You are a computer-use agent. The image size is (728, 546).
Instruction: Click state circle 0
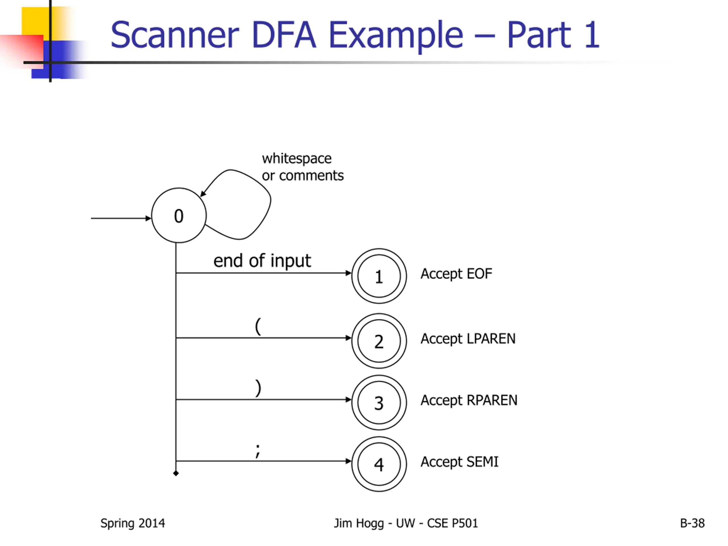[x=179, y=216]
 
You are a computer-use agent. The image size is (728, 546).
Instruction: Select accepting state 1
[x=379, y=276]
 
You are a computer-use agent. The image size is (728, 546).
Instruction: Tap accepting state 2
[x=379, y=341]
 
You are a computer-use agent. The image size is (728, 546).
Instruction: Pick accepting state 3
[x=379, y=402]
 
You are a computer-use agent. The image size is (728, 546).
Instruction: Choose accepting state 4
[x=379, y=464]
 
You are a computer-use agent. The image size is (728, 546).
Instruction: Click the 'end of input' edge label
[x=262, y=261]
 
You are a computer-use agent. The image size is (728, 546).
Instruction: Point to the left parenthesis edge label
[x=258, y=326]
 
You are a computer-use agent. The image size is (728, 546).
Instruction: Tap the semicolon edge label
[x=258, y=451]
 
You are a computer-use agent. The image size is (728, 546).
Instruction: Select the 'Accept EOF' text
[x=456, y=274]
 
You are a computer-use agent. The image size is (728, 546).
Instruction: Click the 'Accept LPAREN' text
[x=468, y=339]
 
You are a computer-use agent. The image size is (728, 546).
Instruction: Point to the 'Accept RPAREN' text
[x=469, y=400]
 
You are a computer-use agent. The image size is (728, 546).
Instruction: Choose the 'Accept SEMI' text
[x=460, y=462]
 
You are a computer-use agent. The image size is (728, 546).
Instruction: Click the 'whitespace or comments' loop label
[x=302, y=167]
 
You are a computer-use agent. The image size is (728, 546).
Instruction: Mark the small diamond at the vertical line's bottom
[x=176, y=473]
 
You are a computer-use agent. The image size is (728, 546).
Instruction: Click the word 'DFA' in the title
[x=284, y=35]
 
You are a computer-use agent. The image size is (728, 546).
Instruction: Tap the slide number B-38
[x=692, y=523]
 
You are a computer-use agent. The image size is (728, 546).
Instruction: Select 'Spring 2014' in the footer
[x=133, y=523]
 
